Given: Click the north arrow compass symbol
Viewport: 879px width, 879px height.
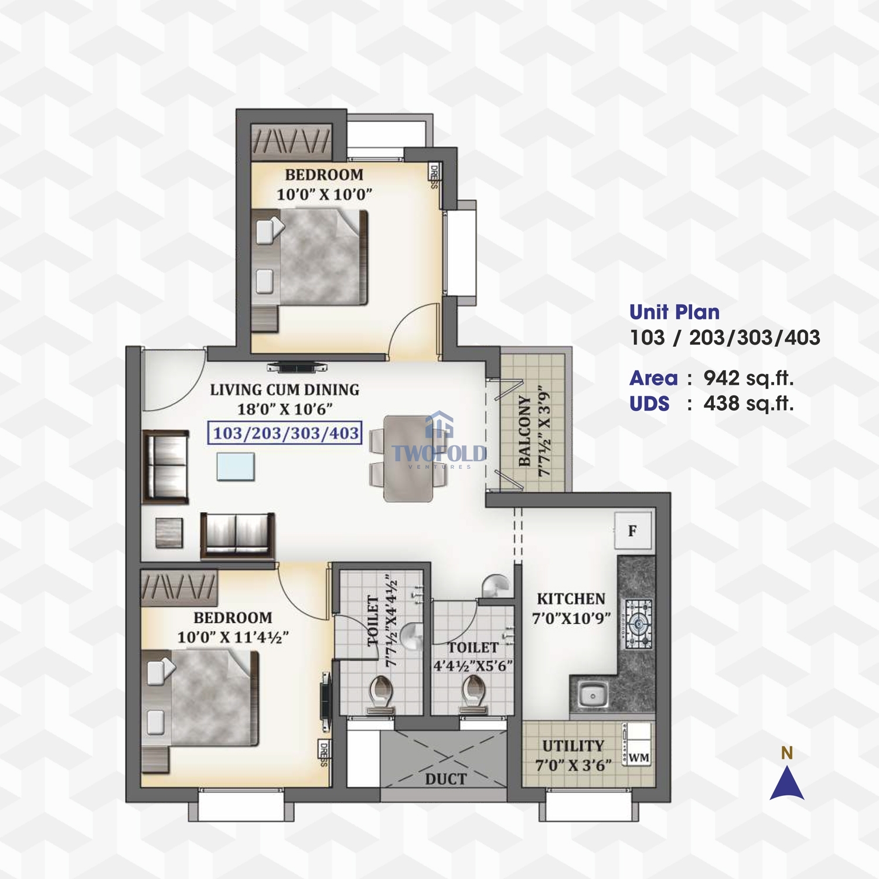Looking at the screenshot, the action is tap(787, 784).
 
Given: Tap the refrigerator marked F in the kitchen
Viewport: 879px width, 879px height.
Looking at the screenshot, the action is tap(633, 531).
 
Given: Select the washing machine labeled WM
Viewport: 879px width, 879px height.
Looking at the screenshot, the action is tap(637, 744).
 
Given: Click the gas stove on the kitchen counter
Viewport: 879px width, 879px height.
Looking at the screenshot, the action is tap(638, 624).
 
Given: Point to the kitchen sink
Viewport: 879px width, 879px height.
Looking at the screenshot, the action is tap(592, 696).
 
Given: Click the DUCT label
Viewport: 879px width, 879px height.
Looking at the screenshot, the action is tap(446, 779).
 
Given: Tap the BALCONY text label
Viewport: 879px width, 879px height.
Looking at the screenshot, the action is tap(524, 431).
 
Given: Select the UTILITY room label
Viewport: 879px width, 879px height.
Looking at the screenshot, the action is tap(573, 746).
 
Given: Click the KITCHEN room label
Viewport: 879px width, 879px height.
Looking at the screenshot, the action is tap(571, 599).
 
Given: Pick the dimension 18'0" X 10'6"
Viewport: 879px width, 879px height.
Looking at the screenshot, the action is tap(285, 409).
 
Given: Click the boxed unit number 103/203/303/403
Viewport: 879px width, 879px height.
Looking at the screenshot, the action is tap(285, 433).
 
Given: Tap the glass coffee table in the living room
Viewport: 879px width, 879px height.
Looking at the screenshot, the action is tap(236, 466).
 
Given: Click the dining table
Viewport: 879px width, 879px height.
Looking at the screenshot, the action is tap(408, 458).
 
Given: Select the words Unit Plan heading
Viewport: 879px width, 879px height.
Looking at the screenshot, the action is tap(674, 312).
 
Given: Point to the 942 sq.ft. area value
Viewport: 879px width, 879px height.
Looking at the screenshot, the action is tap(749, 379).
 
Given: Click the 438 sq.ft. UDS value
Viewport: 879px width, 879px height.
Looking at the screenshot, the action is tap(749, 404).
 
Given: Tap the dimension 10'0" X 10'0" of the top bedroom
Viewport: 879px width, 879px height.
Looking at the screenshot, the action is tap(324, 194).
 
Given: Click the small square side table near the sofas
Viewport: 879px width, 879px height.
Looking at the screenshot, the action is tap(169, 533).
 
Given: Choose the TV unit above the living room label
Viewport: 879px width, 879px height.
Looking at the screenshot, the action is tap(297, 368).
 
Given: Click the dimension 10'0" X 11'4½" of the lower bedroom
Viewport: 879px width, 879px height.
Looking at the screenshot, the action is tap(233, 637).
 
